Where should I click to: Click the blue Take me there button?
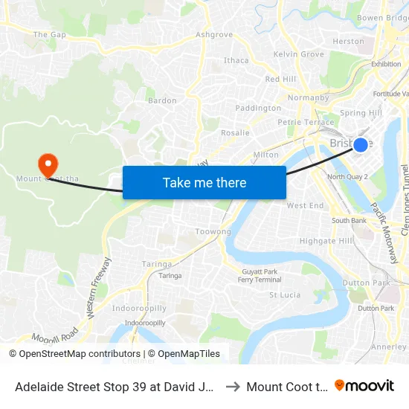click(x=204, y=182)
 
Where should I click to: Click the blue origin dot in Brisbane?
click(x=360, y=144)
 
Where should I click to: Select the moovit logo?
click(x=364, y=386)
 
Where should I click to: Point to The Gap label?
click(x=50, y=35)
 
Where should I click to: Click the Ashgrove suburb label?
click(x=213, y=35)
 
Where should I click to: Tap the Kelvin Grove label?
click(x=298, y=54)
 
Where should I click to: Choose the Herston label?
click(x=348, y=42)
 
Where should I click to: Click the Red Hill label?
click(x=280, y=80)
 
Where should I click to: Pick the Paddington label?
click(x=258, y=108)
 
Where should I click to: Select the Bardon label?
click(x=162, y=100)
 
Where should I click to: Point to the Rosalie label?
click(x=235, y=132)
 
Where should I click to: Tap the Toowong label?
click(x=213, y=232)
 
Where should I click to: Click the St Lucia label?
click(x=285, y=295)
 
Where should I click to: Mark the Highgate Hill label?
click(x=326, y=241)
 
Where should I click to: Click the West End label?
click(x=305, y=205)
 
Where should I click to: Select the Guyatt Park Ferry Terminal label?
click(x=260, y=275)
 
